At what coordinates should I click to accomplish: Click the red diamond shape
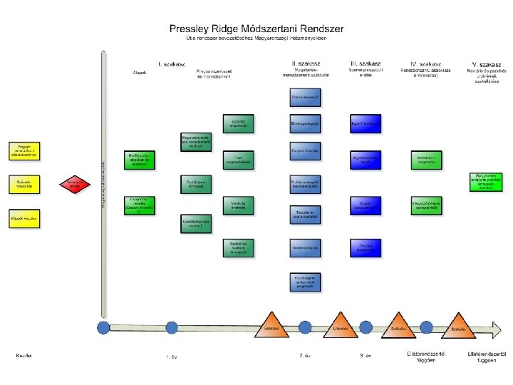[x=75, y=185]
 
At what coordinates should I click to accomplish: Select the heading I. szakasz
[x=172, y=63]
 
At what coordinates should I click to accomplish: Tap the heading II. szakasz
[x=305, y=63]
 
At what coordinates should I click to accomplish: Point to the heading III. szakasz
[x=366, y=63]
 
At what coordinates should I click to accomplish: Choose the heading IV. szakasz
[x=427, y=63]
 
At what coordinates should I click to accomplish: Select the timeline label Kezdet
[x=24, y=354]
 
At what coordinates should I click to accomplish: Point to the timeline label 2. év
[x=305, y=355]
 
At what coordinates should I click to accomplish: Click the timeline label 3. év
[x=366, y=355]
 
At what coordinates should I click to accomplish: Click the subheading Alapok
[x=140, y=73]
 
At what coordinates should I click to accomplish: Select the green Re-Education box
[x=140, y=160]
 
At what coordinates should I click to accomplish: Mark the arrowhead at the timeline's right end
[x=497, y=329]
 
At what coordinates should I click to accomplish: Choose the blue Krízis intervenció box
[x=305, y=96]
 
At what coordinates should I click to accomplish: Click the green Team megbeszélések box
[x=239, y=160]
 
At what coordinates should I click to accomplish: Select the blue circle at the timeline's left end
[x=103, y=329]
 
